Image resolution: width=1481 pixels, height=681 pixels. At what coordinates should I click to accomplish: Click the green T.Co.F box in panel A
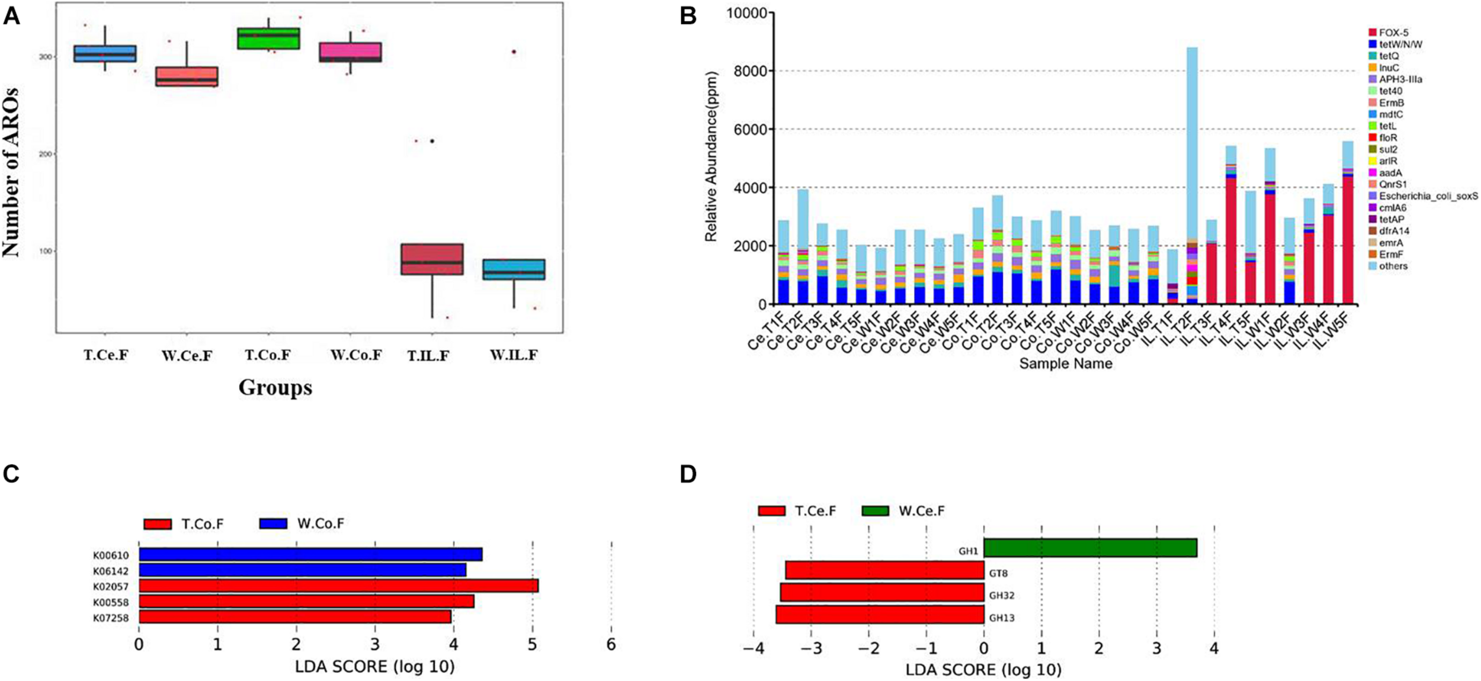(x=268, y=38)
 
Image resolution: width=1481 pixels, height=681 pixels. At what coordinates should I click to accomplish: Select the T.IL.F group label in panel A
(x=428, y=355)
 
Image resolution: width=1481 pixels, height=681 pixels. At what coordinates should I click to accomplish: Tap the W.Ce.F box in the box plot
(x=187, y=76)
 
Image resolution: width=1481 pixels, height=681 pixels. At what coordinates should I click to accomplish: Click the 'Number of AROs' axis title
(x=11, y=172)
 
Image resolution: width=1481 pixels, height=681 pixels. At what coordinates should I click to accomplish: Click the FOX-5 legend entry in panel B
(x=1392, y=33)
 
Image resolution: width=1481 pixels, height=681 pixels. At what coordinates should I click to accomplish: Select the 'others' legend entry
(x=1392, y=266)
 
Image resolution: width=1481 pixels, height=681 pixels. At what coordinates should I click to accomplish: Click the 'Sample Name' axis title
(x=1065, y=364)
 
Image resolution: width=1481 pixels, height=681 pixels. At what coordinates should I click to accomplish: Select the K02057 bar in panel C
(x=338, y=586)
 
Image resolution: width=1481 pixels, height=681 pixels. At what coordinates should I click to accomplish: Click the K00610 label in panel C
(x=111, y=555)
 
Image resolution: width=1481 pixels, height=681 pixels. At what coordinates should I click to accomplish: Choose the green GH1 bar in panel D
(x=1090, y=548)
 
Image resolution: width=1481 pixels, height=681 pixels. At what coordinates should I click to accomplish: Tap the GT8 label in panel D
(x=998, y=573)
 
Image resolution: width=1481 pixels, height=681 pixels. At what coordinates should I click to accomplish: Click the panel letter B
(x=688, y=15)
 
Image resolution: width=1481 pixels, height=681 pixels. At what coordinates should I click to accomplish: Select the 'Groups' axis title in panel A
(x=275, y=388)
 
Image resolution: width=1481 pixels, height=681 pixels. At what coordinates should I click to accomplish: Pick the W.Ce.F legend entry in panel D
(x=904, y=511)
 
